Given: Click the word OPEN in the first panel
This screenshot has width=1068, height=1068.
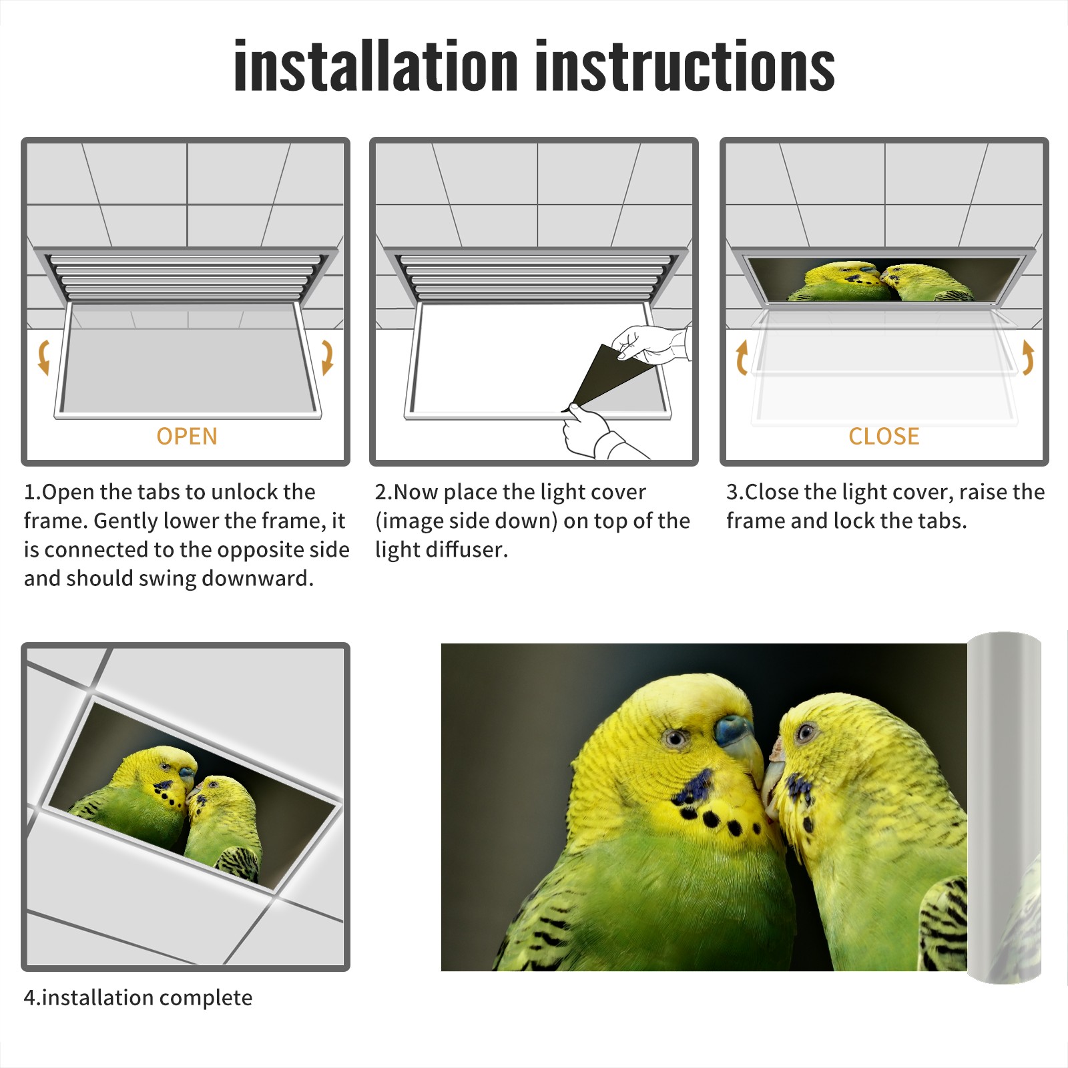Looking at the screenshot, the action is [187, 437].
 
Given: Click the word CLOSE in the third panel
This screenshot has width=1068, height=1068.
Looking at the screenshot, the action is [884, 437].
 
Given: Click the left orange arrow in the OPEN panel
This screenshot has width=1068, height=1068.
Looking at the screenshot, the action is [43, 357].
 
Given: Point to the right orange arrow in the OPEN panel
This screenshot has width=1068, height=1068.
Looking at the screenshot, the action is [327, 357].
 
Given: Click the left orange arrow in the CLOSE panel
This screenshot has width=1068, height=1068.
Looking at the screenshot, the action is [742, 357].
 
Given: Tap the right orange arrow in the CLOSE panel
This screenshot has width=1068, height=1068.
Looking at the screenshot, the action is [1028, 357].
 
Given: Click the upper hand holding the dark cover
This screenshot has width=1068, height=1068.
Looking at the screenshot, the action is [651, 344].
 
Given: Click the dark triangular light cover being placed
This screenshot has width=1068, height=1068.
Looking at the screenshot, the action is [604, 377].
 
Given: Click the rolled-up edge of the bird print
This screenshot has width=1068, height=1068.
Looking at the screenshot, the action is [1005, 808].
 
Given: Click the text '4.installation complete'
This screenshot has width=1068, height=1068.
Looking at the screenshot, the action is [138, 998].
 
